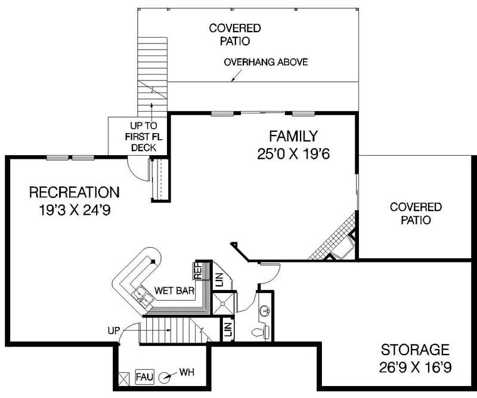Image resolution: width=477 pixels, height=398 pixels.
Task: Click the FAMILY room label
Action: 293,135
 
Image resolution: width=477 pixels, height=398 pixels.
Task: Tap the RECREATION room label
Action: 75,192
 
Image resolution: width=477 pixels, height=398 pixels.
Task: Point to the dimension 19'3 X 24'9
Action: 75,210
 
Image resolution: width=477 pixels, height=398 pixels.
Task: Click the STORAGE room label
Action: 414,349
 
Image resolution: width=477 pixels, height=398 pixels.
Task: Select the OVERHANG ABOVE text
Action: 266,63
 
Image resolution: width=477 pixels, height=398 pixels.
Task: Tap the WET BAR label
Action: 172,291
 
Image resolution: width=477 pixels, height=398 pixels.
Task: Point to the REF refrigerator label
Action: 197,271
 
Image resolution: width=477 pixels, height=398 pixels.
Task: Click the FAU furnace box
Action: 144,377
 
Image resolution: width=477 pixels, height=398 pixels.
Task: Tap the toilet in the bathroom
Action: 258,332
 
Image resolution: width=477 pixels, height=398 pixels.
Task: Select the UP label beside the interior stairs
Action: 113,329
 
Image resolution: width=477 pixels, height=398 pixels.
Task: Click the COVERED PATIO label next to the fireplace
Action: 416,214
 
